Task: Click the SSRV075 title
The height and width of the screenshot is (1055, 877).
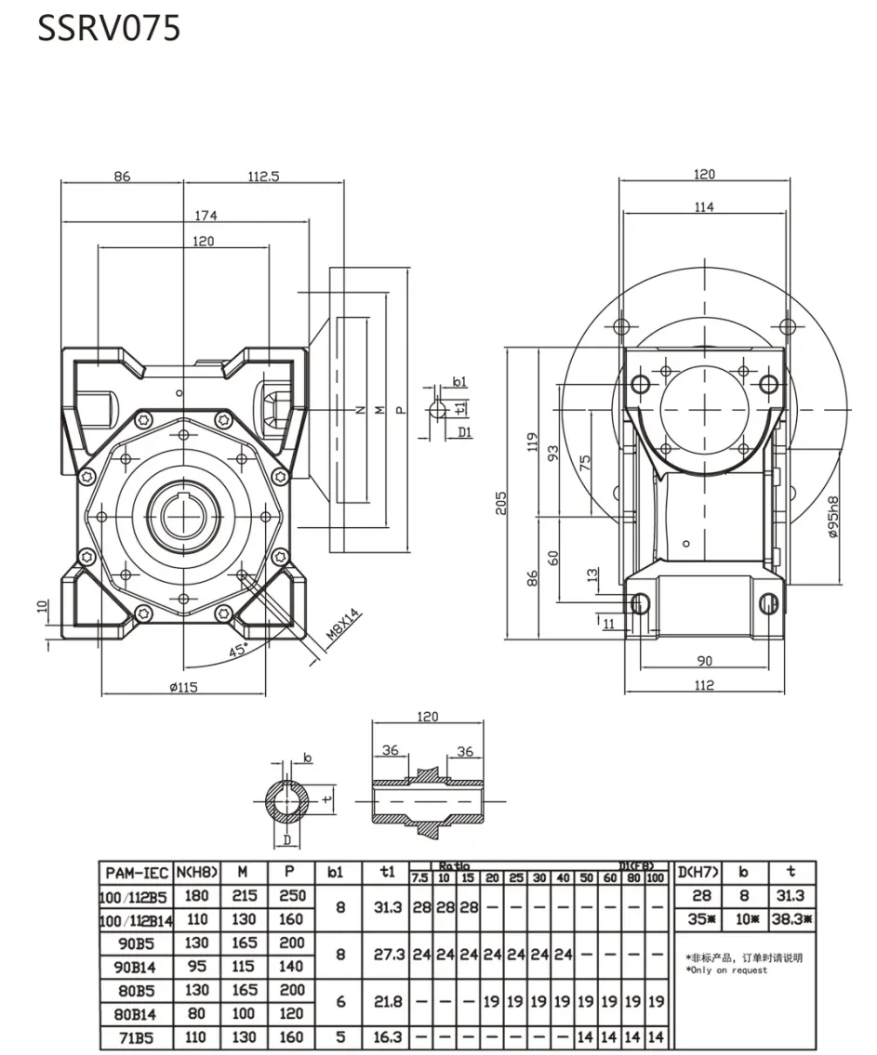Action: pos(109,29)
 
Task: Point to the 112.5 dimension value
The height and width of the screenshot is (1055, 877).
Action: pos(263,177)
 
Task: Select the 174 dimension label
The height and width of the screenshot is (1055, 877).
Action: pos(206,215)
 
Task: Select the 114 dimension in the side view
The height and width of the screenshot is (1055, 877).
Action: pos(704,206)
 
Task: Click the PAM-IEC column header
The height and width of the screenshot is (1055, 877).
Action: pos(136,873)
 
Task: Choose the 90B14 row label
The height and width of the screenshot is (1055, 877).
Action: pos(136,967)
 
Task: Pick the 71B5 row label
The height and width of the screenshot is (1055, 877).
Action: pos(136,1036)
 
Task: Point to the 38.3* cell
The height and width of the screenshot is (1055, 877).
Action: pos(792,919)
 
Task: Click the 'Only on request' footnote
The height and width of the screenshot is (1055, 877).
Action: pos(727,970)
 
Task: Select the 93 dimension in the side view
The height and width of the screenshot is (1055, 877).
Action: pos(554,453)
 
